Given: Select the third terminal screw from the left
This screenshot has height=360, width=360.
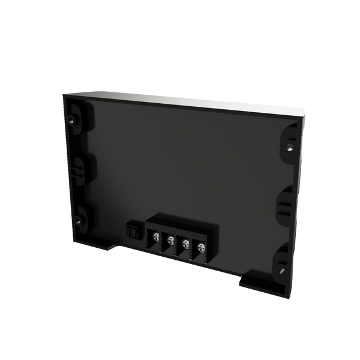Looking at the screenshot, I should pos(185,243).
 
